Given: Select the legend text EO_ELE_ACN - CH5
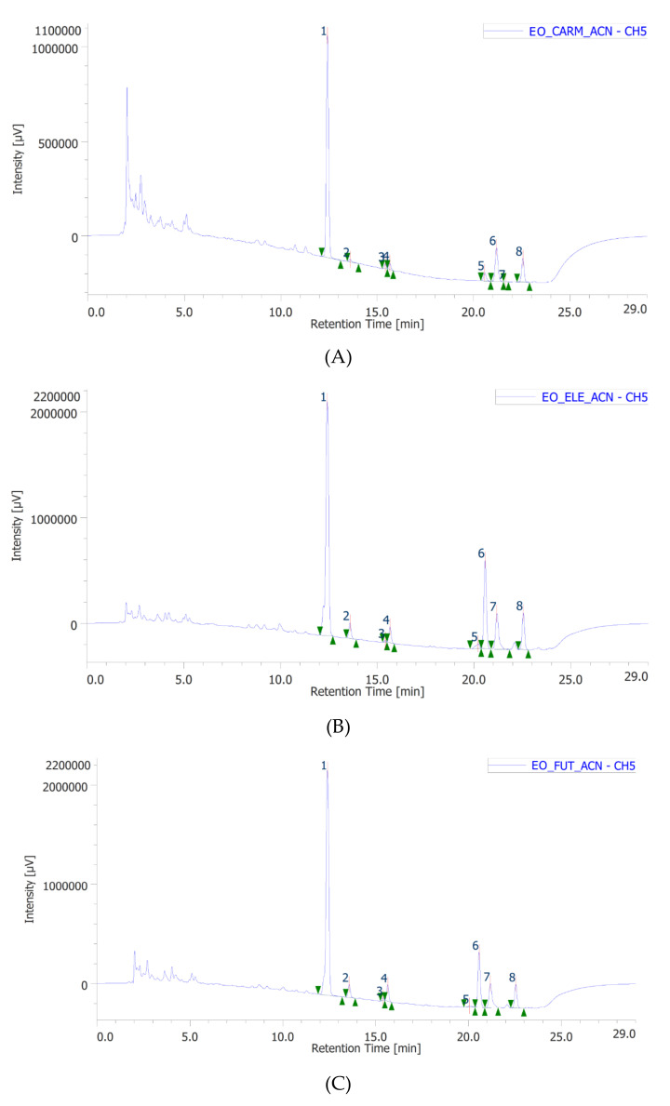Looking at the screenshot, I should coord(594,397).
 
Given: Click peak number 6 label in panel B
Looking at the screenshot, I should coord(481,553).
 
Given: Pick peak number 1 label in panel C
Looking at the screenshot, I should coord(324,766).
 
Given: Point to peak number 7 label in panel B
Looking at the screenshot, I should coord(493,607).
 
